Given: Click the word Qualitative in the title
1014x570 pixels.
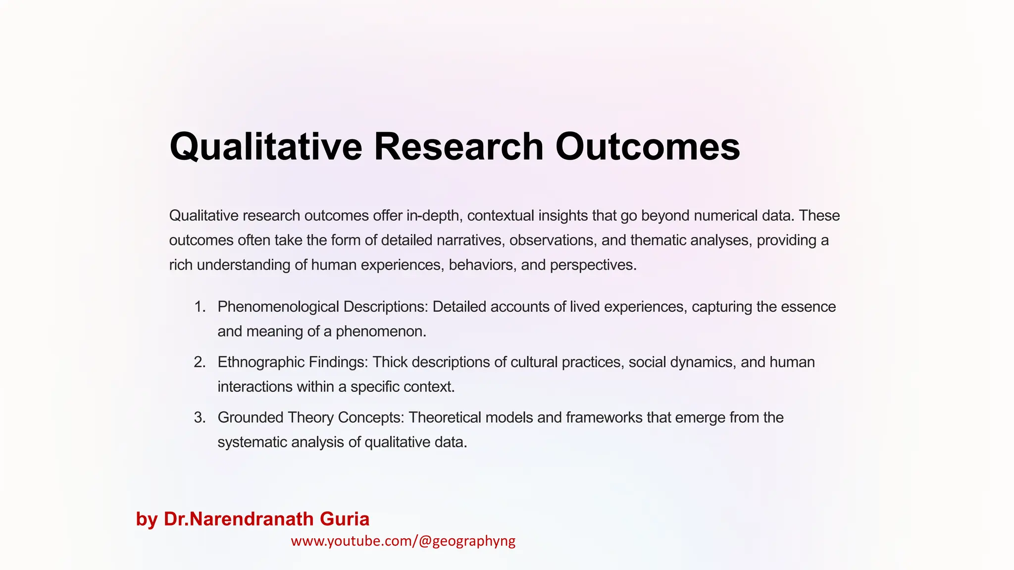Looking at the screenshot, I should (266, 146).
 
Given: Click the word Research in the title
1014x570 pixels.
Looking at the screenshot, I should (458, 146).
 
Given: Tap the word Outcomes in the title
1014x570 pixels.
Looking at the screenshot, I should (648, 146).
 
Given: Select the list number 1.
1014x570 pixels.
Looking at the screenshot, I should (200, 307).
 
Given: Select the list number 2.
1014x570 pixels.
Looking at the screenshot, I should (200, 362).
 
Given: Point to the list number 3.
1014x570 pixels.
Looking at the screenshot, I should (200, 418).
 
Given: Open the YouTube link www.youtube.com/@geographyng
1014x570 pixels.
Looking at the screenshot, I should (403, 541).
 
